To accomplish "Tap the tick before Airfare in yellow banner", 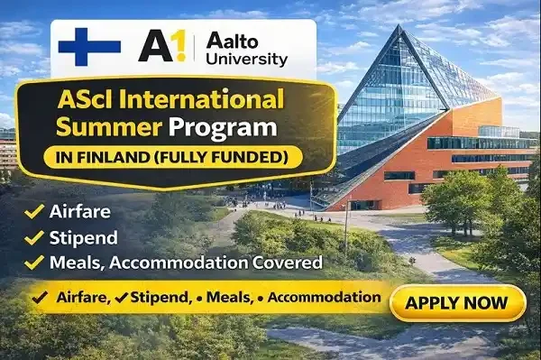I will (40, 297).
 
